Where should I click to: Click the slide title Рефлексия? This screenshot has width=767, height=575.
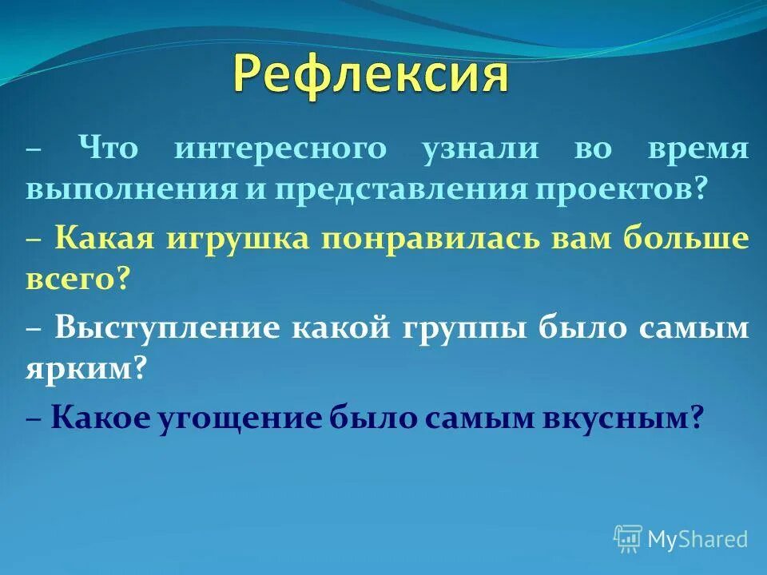[x=371, y=76]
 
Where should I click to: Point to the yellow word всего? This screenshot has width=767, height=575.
[x=77, y=281]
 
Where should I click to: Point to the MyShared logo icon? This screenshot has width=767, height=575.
[x=627, y=539]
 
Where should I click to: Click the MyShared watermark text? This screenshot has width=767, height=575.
[x=697, y=539]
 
